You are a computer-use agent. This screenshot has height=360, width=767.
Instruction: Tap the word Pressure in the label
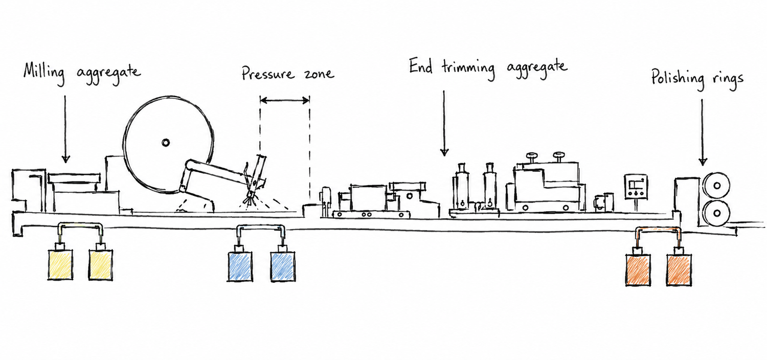268,74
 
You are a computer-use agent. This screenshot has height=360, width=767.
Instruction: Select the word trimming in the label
468,69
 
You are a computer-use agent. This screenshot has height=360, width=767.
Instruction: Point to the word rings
728,81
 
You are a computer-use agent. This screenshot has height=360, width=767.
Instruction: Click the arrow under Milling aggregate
65,129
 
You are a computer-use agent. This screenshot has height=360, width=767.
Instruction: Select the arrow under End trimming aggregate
444,123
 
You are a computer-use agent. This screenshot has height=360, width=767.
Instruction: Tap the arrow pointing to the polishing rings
703,132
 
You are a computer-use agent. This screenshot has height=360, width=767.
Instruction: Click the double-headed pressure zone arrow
284,100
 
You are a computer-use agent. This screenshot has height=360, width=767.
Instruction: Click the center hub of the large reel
166,143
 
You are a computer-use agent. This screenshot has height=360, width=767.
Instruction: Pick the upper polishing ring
716,186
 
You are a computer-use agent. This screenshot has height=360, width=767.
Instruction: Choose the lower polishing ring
716,213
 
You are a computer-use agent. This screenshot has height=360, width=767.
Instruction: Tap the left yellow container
60,264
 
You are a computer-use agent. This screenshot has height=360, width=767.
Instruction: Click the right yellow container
101,264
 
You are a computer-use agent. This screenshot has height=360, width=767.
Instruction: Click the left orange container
638,269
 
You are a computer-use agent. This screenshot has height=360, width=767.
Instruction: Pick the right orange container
679,269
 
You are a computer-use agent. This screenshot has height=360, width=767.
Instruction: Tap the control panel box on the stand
636,187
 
